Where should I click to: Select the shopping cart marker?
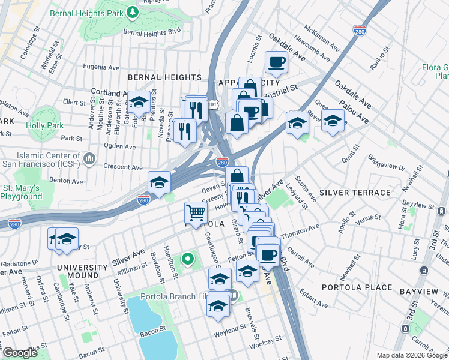[x=196, y=212]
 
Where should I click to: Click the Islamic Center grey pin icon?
[x=90, y=159]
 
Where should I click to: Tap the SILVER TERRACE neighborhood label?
[x=355, y=192]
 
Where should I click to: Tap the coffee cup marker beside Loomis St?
[x=276, y=62]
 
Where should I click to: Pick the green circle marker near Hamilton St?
[x=188, y=259]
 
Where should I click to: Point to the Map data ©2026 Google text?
[x=412, y=355]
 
